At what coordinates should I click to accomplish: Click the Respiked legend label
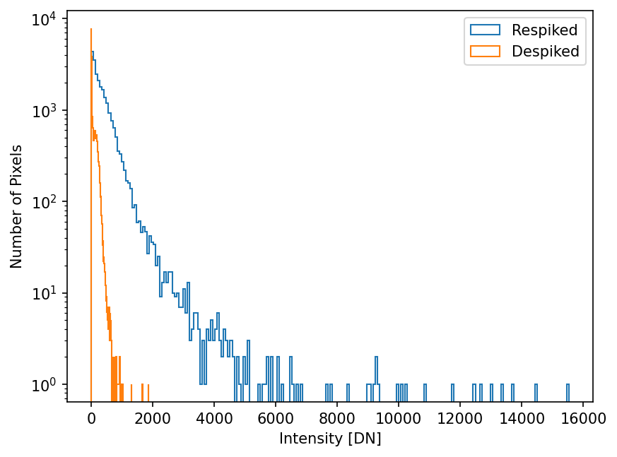[545, 30]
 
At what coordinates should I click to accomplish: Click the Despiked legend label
[546, 51]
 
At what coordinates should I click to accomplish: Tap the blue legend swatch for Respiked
[485, 30]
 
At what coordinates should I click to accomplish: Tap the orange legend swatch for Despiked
[485, 51]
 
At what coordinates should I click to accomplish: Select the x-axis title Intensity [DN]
[330, 439]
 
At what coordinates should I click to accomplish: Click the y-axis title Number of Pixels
[17, 206]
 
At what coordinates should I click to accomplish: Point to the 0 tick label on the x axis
[91, 418]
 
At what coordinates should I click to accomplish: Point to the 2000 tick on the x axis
[153, 418]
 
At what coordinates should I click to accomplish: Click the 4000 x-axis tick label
[214, 418]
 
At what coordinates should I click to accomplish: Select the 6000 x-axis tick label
[276, 418]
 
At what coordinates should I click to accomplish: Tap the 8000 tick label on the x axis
[337, 418]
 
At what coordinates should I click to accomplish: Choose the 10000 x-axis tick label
[399, 418]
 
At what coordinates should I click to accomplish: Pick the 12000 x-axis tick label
[460, 418]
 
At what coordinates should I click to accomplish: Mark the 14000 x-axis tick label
[522, 418]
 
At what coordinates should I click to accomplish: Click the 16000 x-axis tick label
[583, 418]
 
